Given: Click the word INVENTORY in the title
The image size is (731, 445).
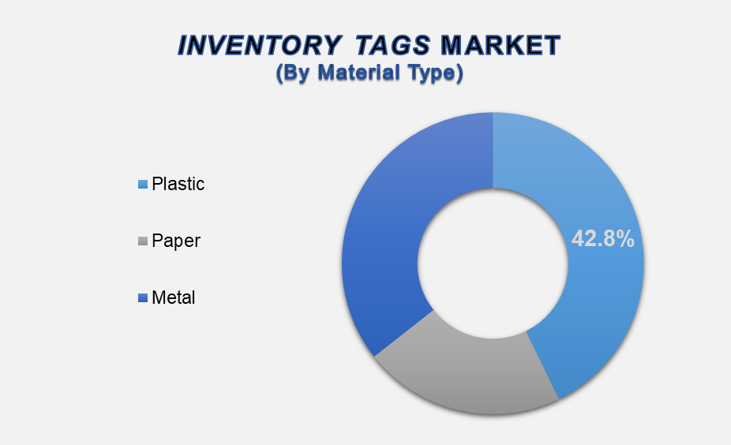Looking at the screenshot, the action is click(x=260, y=46).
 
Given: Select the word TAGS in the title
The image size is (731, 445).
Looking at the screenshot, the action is click(x=392, y=46).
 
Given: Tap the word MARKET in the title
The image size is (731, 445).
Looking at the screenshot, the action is click(x=500, y=46).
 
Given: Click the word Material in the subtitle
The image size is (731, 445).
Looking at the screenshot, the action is click(x=359, y=73).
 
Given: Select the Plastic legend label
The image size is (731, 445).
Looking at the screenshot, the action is click(x=178, y=184).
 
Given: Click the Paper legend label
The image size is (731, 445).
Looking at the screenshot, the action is click(x=176, y=241).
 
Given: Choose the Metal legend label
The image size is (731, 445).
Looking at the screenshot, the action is click(x=174, y=297).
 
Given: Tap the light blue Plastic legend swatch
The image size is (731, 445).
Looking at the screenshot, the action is click(x=143, y=184).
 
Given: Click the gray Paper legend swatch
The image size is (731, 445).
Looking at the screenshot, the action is click(x=143, y=241).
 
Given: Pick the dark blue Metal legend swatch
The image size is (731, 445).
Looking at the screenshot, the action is click(x=143, y=297).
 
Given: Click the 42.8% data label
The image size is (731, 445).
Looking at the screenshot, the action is click(x=603, y=238).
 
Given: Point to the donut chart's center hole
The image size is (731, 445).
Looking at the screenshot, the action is click(x=493, y=264).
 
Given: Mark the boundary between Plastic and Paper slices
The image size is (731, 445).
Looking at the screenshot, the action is click(x=542, y=365).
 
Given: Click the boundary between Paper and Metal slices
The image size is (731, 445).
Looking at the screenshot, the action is click(x=403, y=333).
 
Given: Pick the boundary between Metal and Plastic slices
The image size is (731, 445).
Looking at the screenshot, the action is click(x=493, y=150).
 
